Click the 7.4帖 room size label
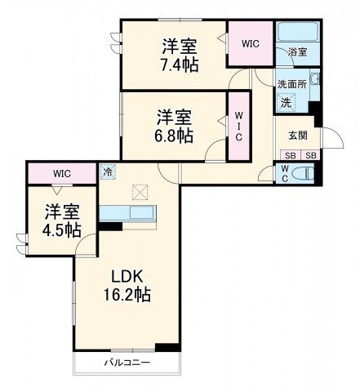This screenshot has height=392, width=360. click(x=179, y=65)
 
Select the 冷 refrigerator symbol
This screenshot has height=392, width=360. click(x=108, y=171)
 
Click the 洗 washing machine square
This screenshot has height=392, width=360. click(x=286, y=103)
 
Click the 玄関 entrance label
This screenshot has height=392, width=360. click(x=297, y=136)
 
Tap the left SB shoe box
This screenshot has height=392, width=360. click(x=289, y=156)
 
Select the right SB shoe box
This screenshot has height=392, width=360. click(x=310, y=156)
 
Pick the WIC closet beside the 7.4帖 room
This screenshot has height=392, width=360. click(x=250, y=45)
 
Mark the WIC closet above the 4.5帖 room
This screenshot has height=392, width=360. click(x=62, y=173)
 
